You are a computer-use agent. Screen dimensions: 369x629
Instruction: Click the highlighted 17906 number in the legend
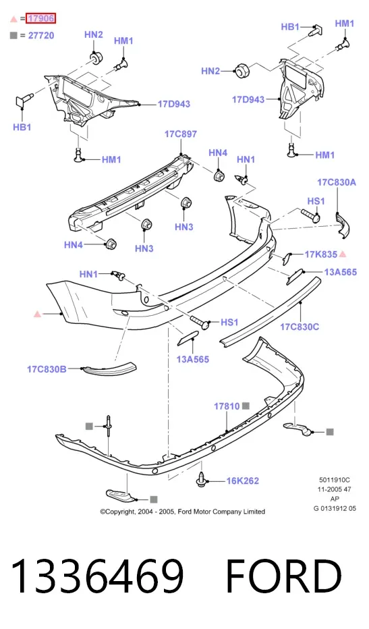pos(40,18)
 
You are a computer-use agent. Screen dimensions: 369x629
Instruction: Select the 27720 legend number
pos(41,36)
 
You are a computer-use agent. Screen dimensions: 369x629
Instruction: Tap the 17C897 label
pos(181,134)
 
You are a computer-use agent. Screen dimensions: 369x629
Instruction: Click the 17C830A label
pos(337,182)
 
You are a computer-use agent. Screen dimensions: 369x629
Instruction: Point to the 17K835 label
pos(321,254)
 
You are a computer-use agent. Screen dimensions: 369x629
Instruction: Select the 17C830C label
pos(300,327)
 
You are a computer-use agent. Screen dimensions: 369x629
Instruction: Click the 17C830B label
pos(47,369)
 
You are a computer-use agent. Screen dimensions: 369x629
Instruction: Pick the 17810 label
pos(227,406)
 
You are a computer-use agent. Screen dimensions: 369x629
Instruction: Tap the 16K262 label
pos(243,481)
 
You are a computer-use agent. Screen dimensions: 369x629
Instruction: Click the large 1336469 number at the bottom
pos(97,576)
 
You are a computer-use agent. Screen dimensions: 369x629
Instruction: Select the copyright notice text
pos(183,512)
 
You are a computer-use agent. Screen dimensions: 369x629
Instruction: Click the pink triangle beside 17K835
pos(343,254)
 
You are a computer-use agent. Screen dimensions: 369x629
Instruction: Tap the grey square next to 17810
pos(246,406)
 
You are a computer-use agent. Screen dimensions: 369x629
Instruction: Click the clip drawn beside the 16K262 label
pos(202,479)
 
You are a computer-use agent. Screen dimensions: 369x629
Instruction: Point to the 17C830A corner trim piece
pos(343,225)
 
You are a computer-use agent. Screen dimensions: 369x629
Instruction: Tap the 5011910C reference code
pos(335,480)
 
